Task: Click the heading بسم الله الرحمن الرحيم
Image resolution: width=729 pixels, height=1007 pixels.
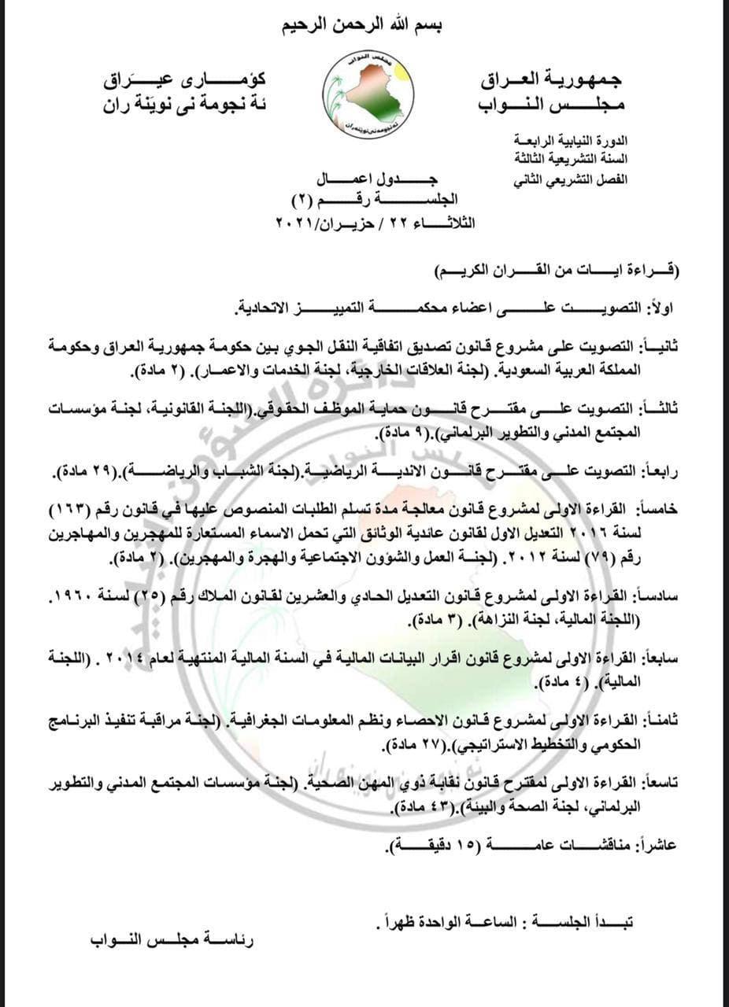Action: [364, 26]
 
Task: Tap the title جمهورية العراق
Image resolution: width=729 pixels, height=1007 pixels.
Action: [550, 79]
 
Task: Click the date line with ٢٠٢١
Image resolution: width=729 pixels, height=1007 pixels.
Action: [374, 223]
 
